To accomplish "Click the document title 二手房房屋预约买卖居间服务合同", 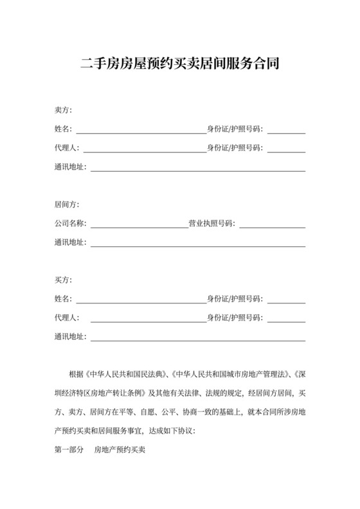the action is click(x=180, y=64).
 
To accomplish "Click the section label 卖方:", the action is click(x=64, y=111).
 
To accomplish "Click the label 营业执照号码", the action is click(x=211, y=224).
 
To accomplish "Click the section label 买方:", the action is click(x=64, y=280).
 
